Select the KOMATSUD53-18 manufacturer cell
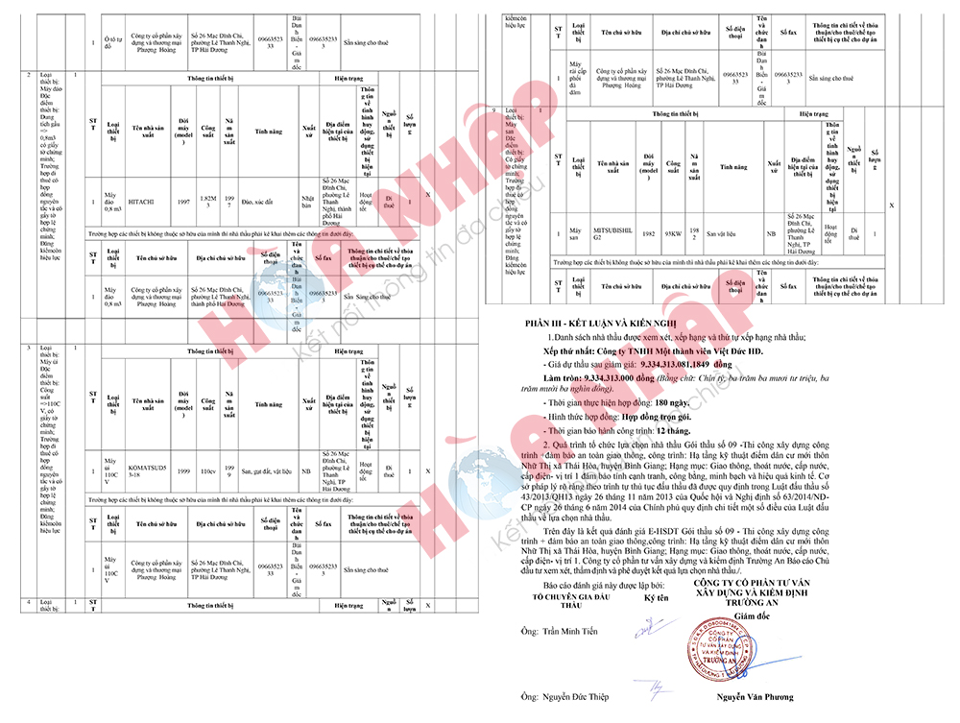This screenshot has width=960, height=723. (148, 471)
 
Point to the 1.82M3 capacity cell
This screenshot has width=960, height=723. (207, 202)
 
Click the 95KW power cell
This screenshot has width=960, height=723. (673, 232)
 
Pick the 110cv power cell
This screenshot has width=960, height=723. (207, 471)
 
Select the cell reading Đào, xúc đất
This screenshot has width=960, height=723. (259, 202)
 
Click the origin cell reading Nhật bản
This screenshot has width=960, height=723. (309, 202)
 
